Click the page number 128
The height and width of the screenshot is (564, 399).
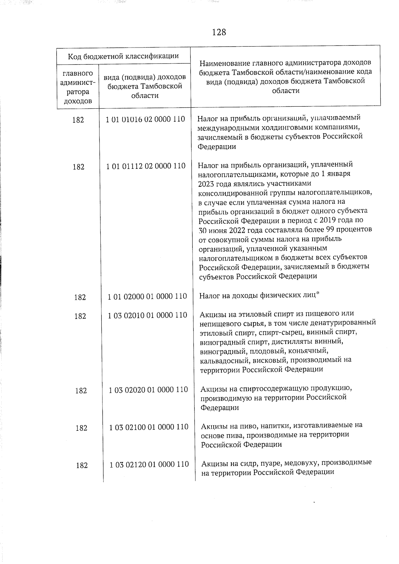click(219, 32)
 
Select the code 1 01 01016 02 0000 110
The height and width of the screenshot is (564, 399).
click(145, 119)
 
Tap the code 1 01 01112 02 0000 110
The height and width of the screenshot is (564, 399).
click(146, 166)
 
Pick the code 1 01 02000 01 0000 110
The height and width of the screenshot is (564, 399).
click(147, 296)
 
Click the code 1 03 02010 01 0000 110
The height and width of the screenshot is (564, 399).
click(147, 315)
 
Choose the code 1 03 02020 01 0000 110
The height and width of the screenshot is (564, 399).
click(148, 390)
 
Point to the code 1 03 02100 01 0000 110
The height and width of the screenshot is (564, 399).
click(149, 427)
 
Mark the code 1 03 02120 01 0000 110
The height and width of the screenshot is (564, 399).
click(149, 464)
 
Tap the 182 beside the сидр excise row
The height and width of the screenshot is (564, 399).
click(81, 465)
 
